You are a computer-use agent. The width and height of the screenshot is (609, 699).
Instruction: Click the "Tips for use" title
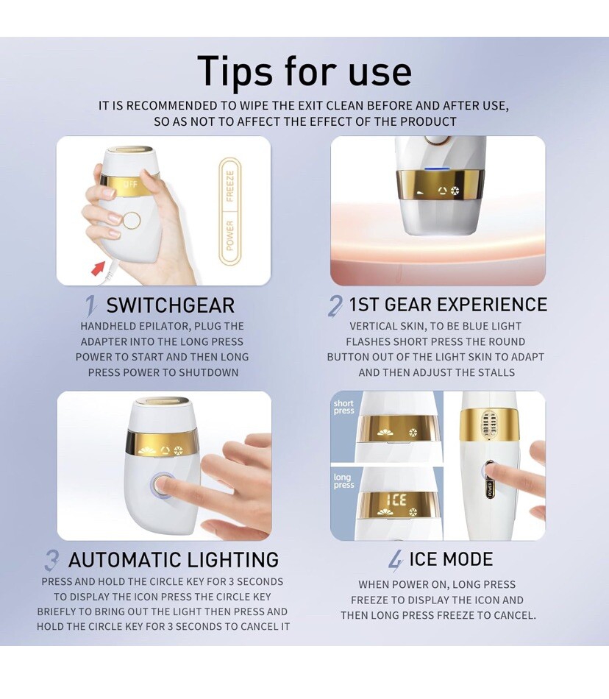[x=304, y=71]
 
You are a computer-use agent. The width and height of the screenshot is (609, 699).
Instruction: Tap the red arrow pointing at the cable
[x=98, y=268]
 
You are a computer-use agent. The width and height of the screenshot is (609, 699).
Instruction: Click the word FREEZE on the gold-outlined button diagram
[x=230, y=185]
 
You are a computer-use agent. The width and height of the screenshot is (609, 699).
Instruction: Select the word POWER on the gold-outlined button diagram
[x=230, y=235]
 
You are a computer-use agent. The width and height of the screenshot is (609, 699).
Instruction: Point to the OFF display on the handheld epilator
[x=130, y=184]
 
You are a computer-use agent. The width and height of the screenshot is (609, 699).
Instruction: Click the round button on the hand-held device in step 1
[x=132, y=220]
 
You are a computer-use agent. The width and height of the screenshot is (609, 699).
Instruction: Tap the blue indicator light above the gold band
[x=432, y=169]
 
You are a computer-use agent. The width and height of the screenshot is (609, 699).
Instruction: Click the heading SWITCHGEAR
[x=170, y=305]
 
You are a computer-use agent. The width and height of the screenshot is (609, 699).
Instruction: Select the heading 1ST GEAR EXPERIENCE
[x=448, y=305]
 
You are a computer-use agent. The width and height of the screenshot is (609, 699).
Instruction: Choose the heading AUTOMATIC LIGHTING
[x=174, y=560]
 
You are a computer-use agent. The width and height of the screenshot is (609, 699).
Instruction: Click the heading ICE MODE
[x=451, y=559]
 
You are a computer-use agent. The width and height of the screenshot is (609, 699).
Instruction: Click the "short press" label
[x=343, y=407]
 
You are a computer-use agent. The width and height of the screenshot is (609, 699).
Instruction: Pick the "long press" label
[x=344, y=480]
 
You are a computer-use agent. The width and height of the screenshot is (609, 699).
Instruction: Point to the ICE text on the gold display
[x=396, y=500]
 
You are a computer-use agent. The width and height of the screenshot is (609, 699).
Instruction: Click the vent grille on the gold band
[x=489, y=423]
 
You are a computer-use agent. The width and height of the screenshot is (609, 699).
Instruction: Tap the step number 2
[x=335, y=306]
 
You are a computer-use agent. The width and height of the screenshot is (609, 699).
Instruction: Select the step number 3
[x=51, y=561]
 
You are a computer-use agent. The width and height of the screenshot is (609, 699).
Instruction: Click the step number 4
[x=396, y=561]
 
